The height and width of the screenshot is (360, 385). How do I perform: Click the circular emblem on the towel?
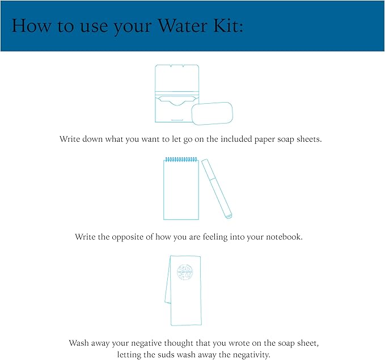point(186,272)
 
